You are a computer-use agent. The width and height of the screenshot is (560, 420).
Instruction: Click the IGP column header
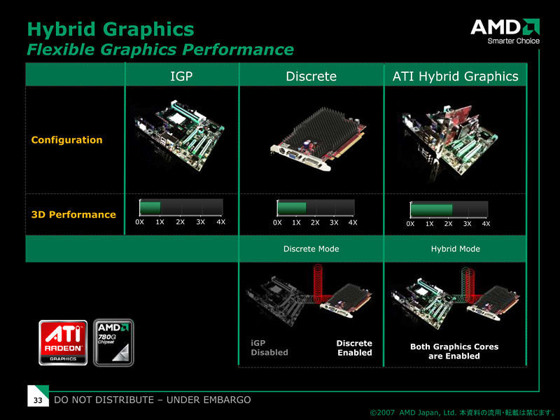(x=181, y=76)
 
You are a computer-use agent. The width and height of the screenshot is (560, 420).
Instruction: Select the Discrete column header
(x=311, y=76)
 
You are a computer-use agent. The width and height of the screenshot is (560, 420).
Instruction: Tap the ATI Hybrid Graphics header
(x=456, y=76)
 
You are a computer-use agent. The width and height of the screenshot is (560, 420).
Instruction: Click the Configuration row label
(x=66, y=139)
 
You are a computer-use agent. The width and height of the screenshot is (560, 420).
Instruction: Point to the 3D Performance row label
(x=73, y=214)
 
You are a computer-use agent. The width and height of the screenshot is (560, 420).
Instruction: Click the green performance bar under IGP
(x=150, y=207)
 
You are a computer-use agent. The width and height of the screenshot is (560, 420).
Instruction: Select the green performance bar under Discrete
(x=292, y=208)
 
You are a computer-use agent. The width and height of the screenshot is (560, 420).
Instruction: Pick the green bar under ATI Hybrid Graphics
(x=431, y=209)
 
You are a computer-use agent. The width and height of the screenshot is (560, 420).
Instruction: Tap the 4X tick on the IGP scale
(x=220, y=222)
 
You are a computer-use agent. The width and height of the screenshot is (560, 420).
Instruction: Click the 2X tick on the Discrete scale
(x=315, y=223)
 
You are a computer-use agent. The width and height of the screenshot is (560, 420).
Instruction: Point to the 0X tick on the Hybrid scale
(x=410, y=224)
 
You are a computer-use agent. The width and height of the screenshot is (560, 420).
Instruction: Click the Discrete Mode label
(x=311, y=249)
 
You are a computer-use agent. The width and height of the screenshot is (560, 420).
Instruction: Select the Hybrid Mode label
(x=456, y=249)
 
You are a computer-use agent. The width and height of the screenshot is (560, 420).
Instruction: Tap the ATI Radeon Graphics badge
(x=63, y=343)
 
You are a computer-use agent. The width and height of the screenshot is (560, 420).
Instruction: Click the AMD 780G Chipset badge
(x=113, y=343)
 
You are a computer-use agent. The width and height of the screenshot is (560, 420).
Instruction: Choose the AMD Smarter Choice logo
(x=505, y=31)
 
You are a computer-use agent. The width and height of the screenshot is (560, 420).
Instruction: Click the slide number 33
(x=38, y=400)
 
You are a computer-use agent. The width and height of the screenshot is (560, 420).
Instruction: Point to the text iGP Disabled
(x=269, y=348)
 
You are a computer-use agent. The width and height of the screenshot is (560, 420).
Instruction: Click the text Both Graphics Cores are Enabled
(x=454, y=351)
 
